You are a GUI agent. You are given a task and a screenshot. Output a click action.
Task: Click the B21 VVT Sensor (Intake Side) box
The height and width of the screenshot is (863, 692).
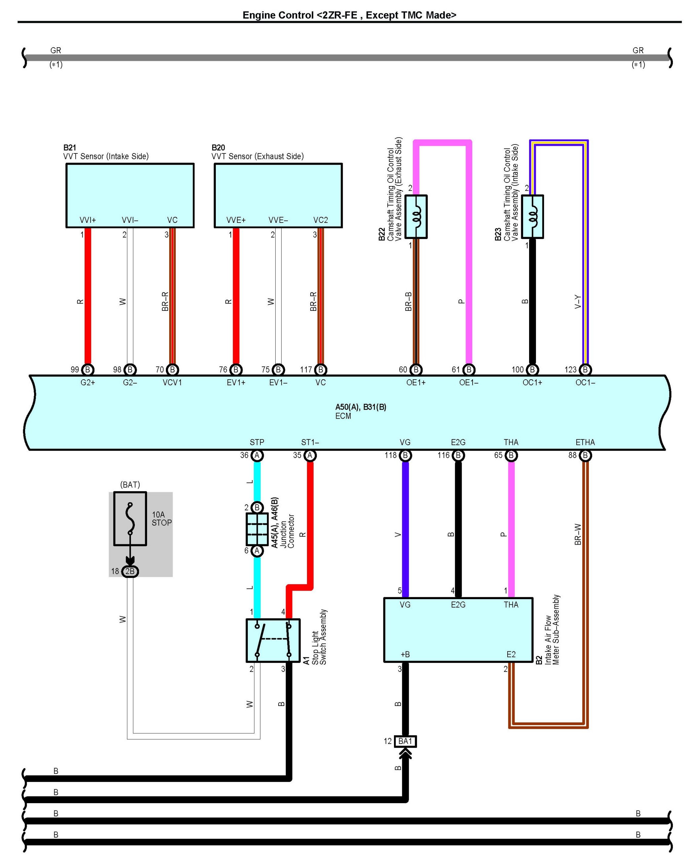[x=130, y=195]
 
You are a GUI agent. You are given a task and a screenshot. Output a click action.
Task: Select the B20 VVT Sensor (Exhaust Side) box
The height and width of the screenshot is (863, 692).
[x=278, y=195]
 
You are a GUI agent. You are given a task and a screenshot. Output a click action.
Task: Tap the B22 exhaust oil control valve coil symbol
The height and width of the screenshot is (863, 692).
[x=416, y=217]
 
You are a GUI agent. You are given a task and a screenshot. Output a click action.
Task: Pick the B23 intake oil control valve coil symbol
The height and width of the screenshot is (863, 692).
[x=532, y=217]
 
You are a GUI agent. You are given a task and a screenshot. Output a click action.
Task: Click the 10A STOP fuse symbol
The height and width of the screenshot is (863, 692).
[x=130, y=518]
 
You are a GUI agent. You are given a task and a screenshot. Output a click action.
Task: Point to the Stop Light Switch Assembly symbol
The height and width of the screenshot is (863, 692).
[x=273, y=640]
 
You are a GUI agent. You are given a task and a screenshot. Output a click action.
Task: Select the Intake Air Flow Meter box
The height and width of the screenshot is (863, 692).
[x=458, y=630]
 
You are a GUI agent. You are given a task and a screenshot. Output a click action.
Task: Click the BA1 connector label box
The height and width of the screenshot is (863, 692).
[x=405, y=741]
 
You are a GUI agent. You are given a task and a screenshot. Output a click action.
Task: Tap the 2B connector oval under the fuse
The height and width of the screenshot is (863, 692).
[x=130, y=571]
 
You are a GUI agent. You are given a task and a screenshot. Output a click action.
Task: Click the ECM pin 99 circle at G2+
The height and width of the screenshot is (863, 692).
[x=88, y=369]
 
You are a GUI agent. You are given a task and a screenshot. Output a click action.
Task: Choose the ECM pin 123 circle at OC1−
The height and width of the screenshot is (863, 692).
[x=585, y=369]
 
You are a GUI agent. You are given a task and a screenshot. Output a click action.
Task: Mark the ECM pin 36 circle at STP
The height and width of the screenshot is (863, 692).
[x=257, y=455]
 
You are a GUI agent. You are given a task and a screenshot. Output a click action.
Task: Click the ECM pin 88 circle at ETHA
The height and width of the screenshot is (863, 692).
[x=585, y=455]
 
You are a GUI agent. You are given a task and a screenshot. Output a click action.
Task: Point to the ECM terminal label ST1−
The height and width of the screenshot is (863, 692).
[x=310, y=442]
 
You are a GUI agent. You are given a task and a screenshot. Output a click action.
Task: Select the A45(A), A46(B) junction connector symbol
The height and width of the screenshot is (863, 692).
[x=257, y=529]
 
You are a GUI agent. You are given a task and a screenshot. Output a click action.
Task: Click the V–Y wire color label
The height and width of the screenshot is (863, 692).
[x=578, y=302]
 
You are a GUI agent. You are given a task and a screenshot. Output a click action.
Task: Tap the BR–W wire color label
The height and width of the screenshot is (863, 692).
[x=578, y=534]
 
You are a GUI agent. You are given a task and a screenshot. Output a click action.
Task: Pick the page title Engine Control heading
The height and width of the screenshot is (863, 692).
[x=349, y=15]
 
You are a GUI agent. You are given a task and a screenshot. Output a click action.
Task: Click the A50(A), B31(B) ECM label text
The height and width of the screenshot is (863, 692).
[x=361, y=407]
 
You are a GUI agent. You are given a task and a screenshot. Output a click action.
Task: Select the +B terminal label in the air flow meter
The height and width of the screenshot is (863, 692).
[x=405, y=654]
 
